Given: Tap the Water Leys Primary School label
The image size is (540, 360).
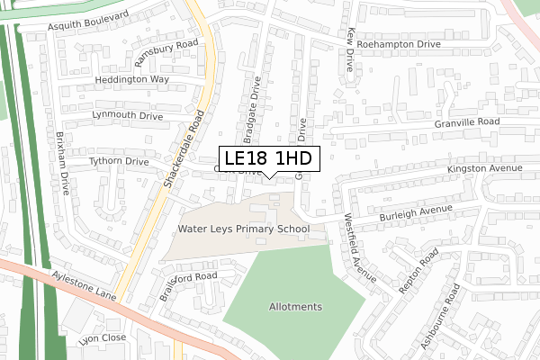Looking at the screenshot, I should [243, 229].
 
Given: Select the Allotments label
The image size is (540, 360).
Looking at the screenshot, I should [295, 307].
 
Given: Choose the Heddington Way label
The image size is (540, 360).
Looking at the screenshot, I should [134, 80].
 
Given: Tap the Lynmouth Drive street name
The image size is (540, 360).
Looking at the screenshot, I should [127, 116].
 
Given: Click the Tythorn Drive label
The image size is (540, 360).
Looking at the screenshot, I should [118, 161].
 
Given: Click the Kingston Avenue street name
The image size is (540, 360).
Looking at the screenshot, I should [486, 169].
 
